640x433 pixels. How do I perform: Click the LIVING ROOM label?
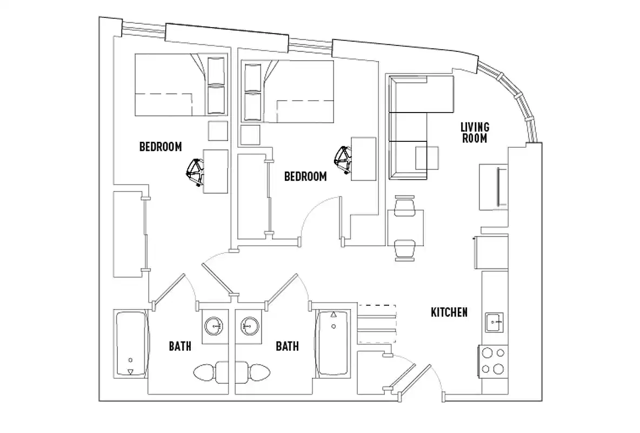pos(475,133)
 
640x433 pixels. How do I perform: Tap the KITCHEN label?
pos(449,312)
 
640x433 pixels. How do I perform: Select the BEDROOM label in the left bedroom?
pos(160,147)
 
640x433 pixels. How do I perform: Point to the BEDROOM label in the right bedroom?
pos(305,176)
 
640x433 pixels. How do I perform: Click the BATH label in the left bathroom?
pos(179,346)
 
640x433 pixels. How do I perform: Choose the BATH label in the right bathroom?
pos(287,346)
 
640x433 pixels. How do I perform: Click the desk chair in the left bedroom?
pos(195,171)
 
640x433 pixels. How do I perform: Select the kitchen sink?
pos(494,323)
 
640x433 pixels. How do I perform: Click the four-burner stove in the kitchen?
pos(493,361)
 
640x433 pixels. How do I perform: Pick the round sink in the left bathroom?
pos(215,326)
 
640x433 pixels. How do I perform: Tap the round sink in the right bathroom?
pos(249,326)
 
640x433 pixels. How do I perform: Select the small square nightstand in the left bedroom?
pos(218,132)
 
